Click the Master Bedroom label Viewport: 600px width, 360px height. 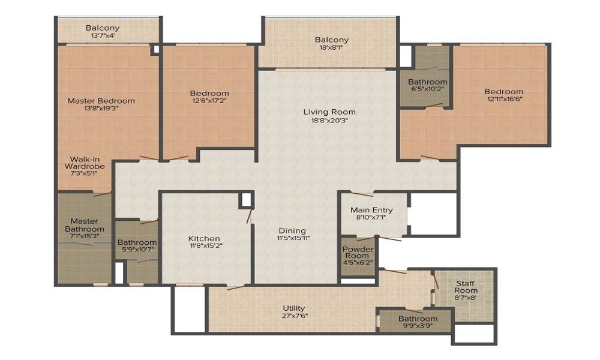point(101,101)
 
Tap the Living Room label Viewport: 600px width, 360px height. point(329,112)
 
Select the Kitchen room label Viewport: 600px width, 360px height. point(204,238)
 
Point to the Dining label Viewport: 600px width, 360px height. point(292,230)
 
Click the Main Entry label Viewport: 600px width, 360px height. point(372,210)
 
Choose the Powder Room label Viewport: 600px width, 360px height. point(358,253)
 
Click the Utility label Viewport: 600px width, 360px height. point(294,308)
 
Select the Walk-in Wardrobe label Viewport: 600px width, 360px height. point(85,163)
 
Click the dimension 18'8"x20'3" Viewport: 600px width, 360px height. point(326,120)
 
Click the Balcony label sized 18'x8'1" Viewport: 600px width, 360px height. point(332,40)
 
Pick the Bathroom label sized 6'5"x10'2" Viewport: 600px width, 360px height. point(427,82)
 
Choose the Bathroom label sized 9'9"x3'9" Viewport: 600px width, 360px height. point(418,319)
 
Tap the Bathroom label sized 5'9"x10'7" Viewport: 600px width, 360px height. point(137,242)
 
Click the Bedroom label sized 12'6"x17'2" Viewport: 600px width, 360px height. point(209,93)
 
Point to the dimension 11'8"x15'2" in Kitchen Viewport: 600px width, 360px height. point(204,245)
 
